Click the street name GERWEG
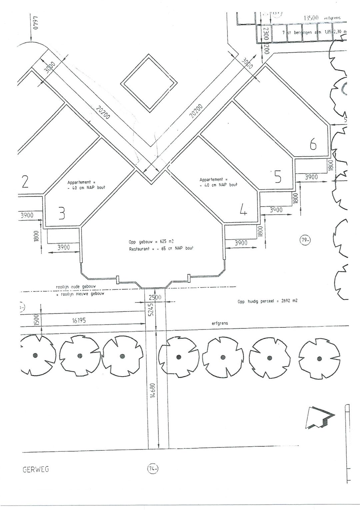pos(35,469)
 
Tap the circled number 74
pos(153,469)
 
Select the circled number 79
pos(305,241)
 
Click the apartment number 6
pos(313,145)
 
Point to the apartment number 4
pos(243,210)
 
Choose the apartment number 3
pos(62,214)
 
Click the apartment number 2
pos(24,182)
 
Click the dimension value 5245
pos(150,310)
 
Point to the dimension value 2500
pos(155,297)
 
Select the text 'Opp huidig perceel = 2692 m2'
pos(267,301)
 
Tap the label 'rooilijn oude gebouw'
pos(76,287)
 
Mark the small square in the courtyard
pos(149,85)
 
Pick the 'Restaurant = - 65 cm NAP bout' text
pos(161,249)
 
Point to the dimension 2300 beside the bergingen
pos(266,34)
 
